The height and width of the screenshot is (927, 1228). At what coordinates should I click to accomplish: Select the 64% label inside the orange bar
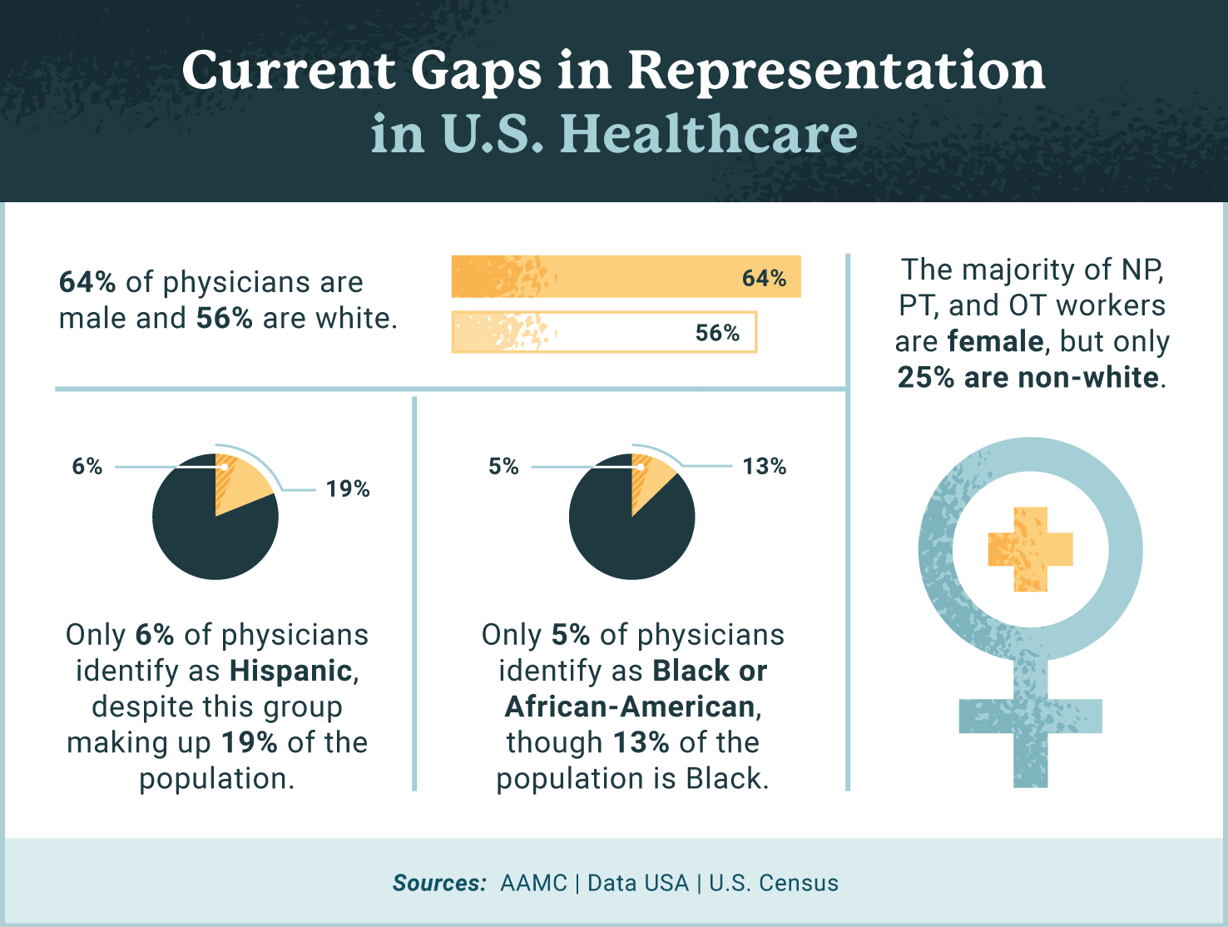coord(764,278)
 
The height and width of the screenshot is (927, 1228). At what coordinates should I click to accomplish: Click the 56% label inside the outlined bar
coord(717,333)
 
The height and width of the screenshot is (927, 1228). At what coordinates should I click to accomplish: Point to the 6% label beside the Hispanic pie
coord(87,466)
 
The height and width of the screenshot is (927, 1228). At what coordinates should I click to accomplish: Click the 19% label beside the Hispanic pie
coord(348,488)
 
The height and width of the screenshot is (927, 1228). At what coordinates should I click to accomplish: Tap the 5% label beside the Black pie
coord(503,466)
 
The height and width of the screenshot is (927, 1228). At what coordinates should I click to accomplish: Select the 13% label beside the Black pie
coord(764,466)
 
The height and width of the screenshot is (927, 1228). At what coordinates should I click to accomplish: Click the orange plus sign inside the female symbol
coord(1030,549)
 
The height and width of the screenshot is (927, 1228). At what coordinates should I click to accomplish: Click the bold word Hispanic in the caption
coord(291,671)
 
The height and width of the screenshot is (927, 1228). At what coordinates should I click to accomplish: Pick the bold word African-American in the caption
coord(630,706)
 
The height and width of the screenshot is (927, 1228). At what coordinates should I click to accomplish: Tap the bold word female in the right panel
coord(996,341)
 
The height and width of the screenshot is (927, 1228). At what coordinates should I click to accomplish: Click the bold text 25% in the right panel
coord(926,378)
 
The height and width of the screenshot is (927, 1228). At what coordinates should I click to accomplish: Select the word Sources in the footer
coord(438,883)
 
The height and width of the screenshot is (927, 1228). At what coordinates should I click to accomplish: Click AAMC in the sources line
coord(533,883)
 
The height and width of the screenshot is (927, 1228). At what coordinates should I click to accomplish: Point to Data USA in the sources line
coord(638,883)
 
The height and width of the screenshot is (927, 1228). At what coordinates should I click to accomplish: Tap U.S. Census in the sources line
coord(774,883)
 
